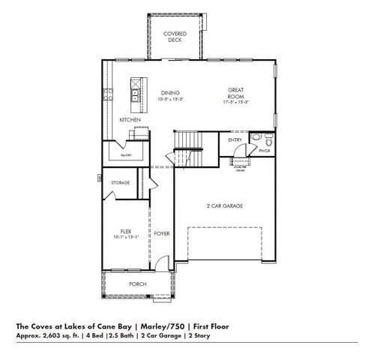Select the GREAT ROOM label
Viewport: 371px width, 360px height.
tap(238, 92)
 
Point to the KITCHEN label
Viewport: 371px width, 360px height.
tap(130, 120)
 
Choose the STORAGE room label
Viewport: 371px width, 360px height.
tap(121, 182)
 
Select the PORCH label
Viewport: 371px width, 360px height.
tap(137, 283)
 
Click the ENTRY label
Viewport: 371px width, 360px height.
tap(235, 139)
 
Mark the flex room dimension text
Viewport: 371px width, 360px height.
tap(126, 237)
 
